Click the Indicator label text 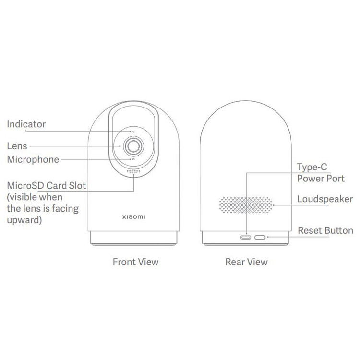(26, 124)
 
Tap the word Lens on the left (17, 146)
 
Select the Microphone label (33, 159)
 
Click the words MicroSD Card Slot (47, 185)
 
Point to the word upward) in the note (24, 220)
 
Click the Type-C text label (312, 167)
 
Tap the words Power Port (321, 179)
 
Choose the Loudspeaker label (325, 199)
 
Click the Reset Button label (325, 230)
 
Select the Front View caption (135, 262)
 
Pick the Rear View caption (246, 262)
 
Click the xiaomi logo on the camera (133, 217)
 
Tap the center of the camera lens (133, 146)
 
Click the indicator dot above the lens (133, 132)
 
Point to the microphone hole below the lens (133, 159)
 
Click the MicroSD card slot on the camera (133, 171)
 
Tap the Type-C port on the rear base (245, 237)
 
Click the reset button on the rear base (260, 237)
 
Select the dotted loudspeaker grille (246, 205)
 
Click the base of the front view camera (133, 238)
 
